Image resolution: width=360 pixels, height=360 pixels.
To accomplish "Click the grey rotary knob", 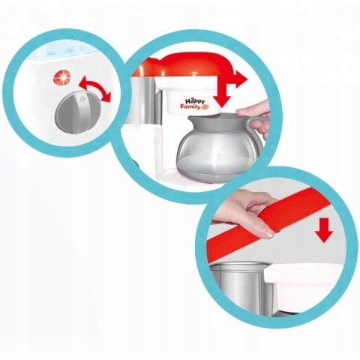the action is click(x=75, y=112).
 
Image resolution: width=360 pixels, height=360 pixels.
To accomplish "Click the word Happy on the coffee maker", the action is click(x=194, y=101).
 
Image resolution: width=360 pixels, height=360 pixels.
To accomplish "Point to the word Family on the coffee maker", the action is click(x=190, y=107).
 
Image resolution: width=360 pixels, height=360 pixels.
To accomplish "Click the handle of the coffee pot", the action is click(x=256, y=126).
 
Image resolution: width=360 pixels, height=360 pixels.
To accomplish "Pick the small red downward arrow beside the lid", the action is click(x=324, y=230).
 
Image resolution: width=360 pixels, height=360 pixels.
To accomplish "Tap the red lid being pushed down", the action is click(x=270, y=225).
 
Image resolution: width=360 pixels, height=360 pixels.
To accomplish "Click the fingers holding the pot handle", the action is click(x=255, y=118).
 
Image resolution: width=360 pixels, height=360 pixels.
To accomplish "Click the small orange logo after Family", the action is click(x=205, y=106).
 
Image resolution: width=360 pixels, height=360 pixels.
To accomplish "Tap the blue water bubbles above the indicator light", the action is click(x=60, y=51).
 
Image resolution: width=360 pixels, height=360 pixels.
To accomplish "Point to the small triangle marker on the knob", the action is click(x=82, y=98).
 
